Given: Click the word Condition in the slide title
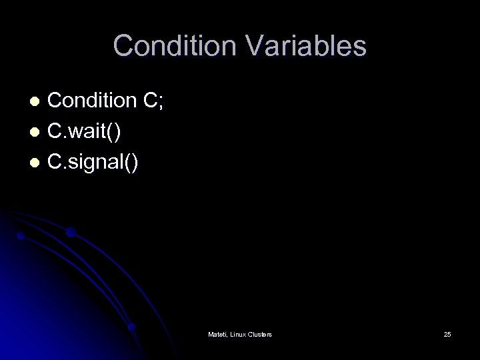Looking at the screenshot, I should coord(169,46).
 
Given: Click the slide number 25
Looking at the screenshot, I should coord(447,333).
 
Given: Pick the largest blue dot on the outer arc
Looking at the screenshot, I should coord(70,233).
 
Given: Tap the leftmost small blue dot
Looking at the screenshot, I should coord(21,236).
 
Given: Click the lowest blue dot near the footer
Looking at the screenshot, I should coord(132,327).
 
